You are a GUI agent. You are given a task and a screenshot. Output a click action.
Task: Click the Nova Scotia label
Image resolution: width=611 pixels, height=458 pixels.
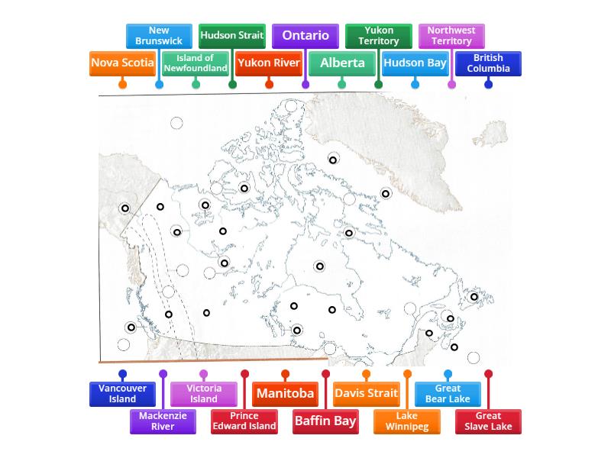pyautogui.click(x=122, y=63)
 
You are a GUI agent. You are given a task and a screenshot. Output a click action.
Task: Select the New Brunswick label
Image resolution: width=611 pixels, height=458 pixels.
pyautogui.click(x=159, y=36)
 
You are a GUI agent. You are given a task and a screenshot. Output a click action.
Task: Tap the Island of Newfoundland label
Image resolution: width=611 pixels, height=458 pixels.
pyautogui.click(x=196, y=63)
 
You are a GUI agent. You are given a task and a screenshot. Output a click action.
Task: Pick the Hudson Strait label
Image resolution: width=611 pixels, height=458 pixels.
pyautogui.click(x=232, y=36)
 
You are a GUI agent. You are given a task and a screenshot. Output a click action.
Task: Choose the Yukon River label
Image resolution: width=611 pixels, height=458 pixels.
pyautogui.click(x=269, y=63)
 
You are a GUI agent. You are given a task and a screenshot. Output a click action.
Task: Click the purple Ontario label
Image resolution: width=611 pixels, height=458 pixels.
pyautogui.click(x=305, y=36)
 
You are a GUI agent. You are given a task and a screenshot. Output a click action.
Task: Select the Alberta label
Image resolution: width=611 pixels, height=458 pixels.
pyautogui.click(x=342, y=63)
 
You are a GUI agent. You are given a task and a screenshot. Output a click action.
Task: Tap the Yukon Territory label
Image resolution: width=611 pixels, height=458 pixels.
pyautogui.click(x=378, y=36)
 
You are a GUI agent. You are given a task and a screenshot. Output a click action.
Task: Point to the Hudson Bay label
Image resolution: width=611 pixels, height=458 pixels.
pyautogui.click(x=415, y=63)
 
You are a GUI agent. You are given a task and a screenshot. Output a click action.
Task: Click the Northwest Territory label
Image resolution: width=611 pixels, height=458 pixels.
pyautogui.click(x=451, y=36)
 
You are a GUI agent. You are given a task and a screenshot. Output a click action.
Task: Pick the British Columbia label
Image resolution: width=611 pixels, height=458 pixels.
pyautogui.click(x=488, y=63)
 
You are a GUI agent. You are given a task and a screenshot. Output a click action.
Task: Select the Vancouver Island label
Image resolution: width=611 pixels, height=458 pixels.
pyautogui.click(x=122, y=394)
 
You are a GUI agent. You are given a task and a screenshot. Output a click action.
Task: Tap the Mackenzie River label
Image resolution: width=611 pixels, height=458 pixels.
pyautogui.click(x=163, y=421)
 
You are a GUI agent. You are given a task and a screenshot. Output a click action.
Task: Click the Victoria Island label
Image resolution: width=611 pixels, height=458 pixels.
pyautogui.click(x=204, y=394)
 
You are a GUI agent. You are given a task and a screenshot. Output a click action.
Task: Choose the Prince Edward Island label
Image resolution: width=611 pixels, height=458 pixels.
pyautogui.click(x=244, y=421)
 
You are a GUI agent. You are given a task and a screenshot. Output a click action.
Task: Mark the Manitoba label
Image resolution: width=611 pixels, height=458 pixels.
pyautogui.click(x=285, y=394)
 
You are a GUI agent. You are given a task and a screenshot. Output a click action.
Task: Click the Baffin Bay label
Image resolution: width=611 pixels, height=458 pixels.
pyautogui.click(x=325, y=421)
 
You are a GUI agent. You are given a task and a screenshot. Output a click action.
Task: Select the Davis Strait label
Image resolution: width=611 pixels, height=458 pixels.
pyautogui.click(x=367, y=394)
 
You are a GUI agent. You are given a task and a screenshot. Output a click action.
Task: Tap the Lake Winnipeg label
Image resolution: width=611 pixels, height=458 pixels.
pyautogui.click(x=407, y=421)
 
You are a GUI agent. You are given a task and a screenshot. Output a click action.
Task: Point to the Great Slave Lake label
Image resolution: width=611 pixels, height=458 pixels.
pyautogui.click(x=489, y=421)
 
